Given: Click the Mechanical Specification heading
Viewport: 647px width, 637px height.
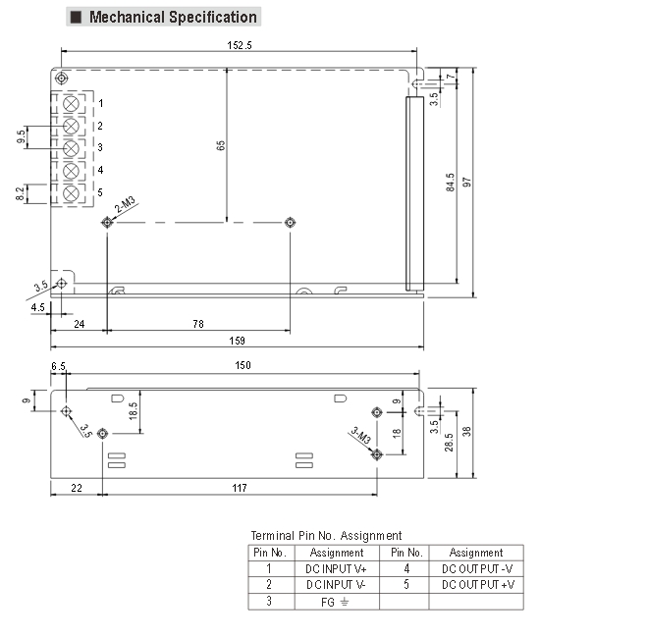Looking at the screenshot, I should pyautogui.click(x=172, y=17).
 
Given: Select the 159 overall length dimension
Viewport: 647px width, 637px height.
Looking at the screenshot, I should pyautogui.click(x=237, y=340).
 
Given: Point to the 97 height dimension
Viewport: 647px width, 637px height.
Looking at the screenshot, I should pyautogui.click(x=467, y=184).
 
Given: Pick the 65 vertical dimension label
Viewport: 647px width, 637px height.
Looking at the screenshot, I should pyautogui.click(x=221, y=145).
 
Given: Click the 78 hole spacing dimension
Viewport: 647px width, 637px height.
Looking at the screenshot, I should pyautogui.click(x=197, y=323).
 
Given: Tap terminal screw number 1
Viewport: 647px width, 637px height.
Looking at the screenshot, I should pyautogui.click(x=72, y=103).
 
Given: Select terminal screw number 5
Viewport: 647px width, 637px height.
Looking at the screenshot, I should pyautogui.click(x=72, y=192).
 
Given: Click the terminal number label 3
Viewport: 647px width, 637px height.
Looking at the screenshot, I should pyautogui.click(x=100, y=147).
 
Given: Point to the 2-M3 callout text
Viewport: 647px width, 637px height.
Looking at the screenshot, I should pyautogui.click(x=125, y=205).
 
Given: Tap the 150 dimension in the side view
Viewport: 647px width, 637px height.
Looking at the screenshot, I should pyautogui.click(x=243, y=365).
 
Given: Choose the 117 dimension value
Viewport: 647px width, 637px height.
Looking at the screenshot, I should pyautogui.click(x=239, y=488).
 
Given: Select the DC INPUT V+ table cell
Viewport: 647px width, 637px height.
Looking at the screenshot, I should pyautogui.click(x=336, y=568).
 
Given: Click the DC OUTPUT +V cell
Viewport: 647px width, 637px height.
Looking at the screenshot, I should pyautogui.click(x=477, y=585).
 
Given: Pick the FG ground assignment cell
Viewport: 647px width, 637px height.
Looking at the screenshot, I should pyautogui.click(x=336, y=602).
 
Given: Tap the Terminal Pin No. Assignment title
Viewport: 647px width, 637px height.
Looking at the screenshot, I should pyautogui.click(x=326, y=535).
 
